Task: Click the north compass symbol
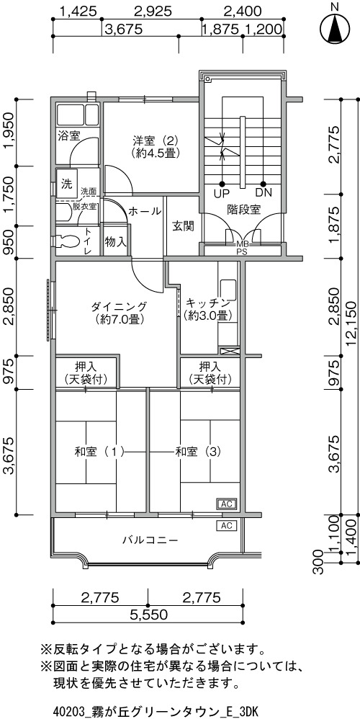click(336, 27)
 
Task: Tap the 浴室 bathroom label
click(68, 135)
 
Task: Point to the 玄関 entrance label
click(183, 226)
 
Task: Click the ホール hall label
click(144, 211)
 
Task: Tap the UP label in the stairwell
click(222, 192)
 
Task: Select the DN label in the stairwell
click(264, 192)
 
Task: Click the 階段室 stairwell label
click(243, 210)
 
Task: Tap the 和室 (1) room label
click(99, 452)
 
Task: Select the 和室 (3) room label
click(198, 452)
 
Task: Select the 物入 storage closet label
click(115, 241)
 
